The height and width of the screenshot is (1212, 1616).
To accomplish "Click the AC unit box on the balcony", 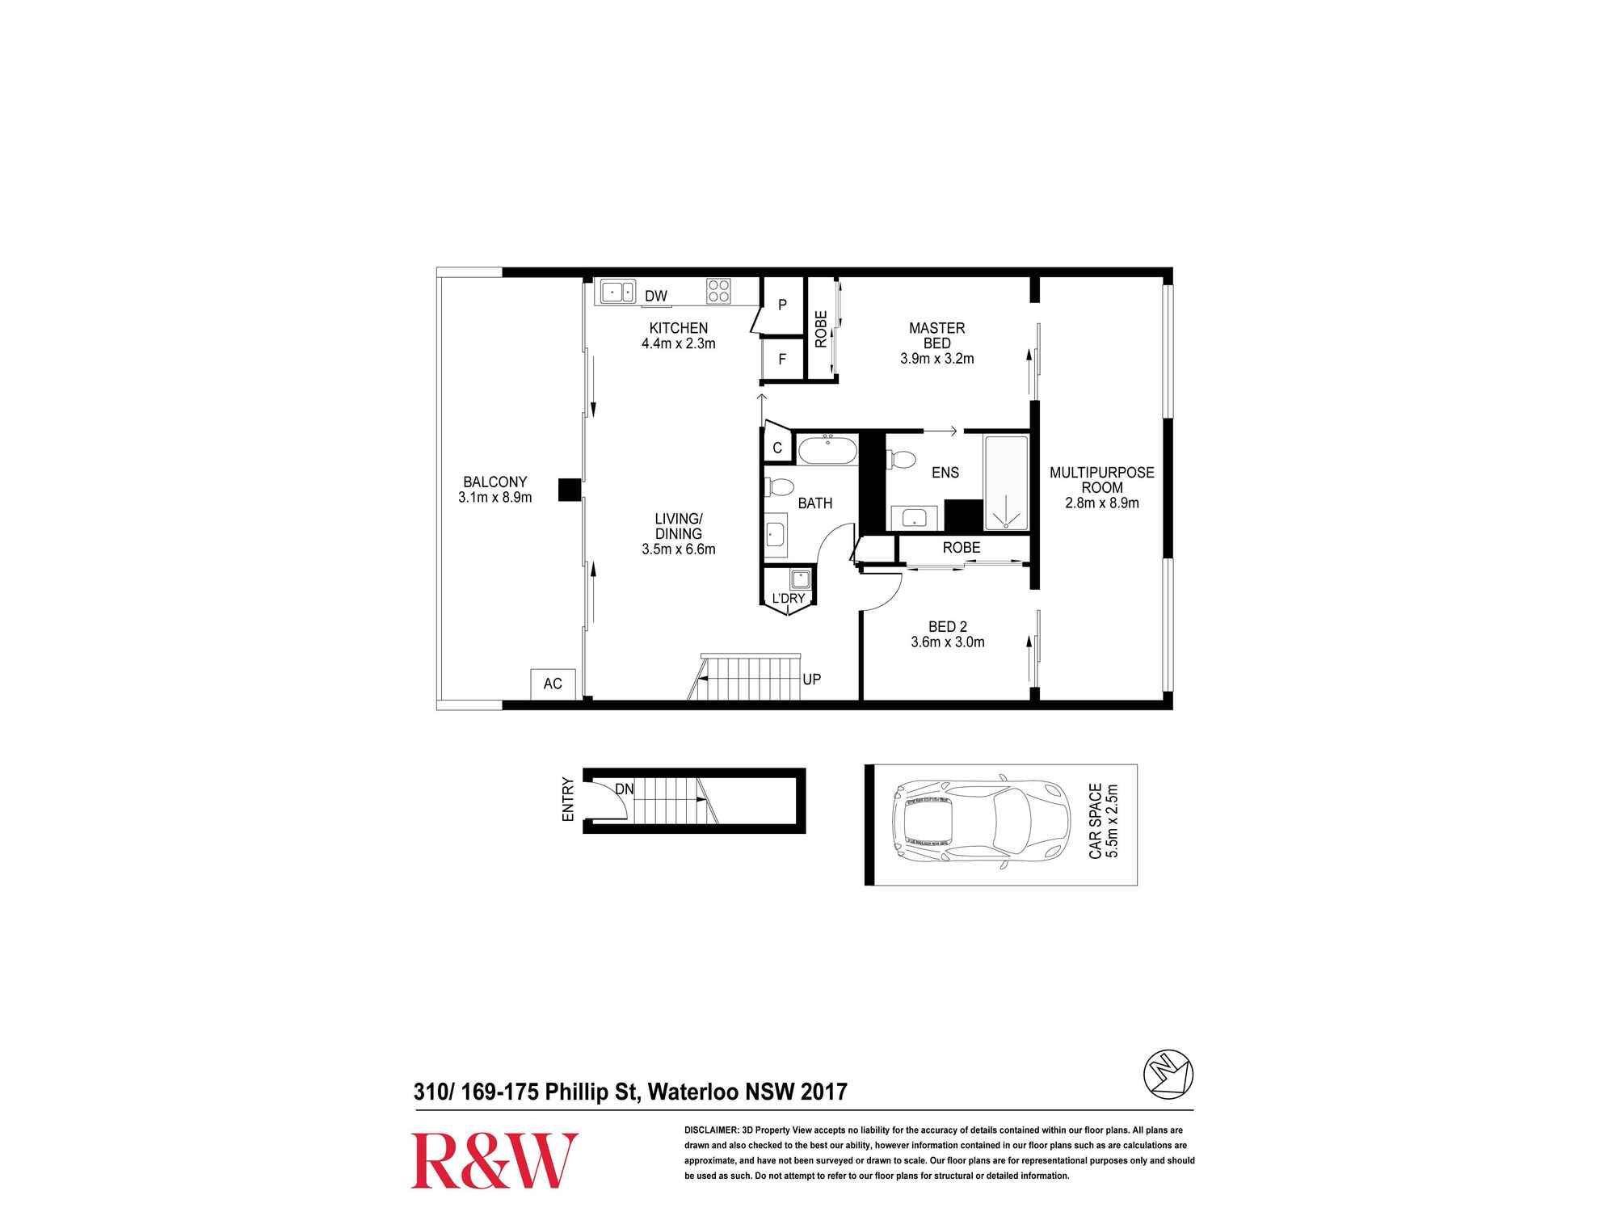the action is point(553,684).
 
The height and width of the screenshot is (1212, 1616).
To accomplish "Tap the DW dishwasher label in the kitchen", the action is point(656,296).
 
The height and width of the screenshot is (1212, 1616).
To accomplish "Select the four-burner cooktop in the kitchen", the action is point(718,291).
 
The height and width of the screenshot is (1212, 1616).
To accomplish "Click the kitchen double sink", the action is point(618,291).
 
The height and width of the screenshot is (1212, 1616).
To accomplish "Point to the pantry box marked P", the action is point(782,305).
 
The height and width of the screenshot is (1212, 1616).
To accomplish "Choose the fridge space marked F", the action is point(782,359).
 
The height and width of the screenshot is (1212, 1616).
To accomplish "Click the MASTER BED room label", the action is point(937,335).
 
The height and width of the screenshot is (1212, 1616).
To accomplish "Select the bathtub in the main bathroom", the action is point(827,450).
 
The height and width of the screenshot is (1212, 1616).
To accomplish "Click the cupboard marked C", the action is point(777,447).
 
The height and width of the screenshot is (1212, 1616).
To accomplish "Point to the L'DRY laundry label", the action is point(789,599).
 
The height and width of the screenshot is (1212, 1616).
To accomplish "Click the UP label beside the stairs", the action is point(812,680).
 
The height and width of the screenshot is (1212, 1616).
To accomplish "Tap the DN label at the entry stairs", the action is point(625,789).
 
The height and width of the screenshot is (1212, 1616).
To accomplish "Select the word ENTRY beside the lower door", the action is point(568,800).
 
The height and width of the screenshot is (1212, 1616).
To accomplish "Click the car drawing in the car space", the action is point(981,824).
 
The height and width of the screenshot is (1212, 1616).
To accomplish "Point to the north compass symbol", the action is point(1168,1075).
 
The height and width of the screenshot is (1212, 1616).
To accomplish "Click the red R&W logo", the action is point(494,1160).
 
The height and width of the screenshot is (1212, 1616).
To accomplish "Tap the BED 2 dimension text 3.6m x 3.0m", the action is point(948,642).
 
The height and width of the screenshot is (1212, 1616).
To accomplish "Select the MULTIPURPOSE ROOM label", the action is point(1102,480).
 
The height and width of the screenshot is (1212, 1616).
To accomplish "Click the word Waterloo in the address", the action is point(693,1092).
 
